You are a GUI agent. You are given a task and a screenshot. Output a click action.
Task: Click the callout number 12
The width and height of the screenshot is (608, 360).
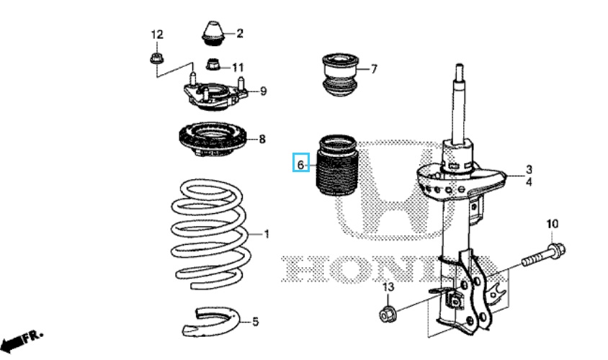click(157, 35)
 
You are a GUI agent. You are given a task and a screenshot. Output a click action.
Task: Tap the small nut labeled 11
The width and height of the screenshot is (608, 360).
click(213, 66)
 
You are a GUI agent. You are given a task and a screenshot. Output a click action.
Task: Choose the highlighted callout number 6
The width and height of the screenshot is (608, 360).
click(302, 164)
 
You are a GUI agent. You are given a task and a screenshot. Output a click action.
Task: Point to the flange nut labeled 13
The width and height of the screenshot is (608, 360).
click(387, 314)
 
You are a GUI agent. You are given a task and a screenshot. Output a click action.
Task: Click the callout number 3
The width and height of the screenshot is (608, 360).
click(529, 169)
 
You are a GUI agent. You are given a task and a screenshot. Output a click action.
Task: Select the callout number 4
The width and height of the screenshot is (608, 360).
click(529, 182)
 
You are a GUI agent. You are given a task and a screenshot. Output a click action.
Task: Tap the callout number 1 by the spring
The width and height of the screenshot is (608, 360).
click(266, 234)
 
